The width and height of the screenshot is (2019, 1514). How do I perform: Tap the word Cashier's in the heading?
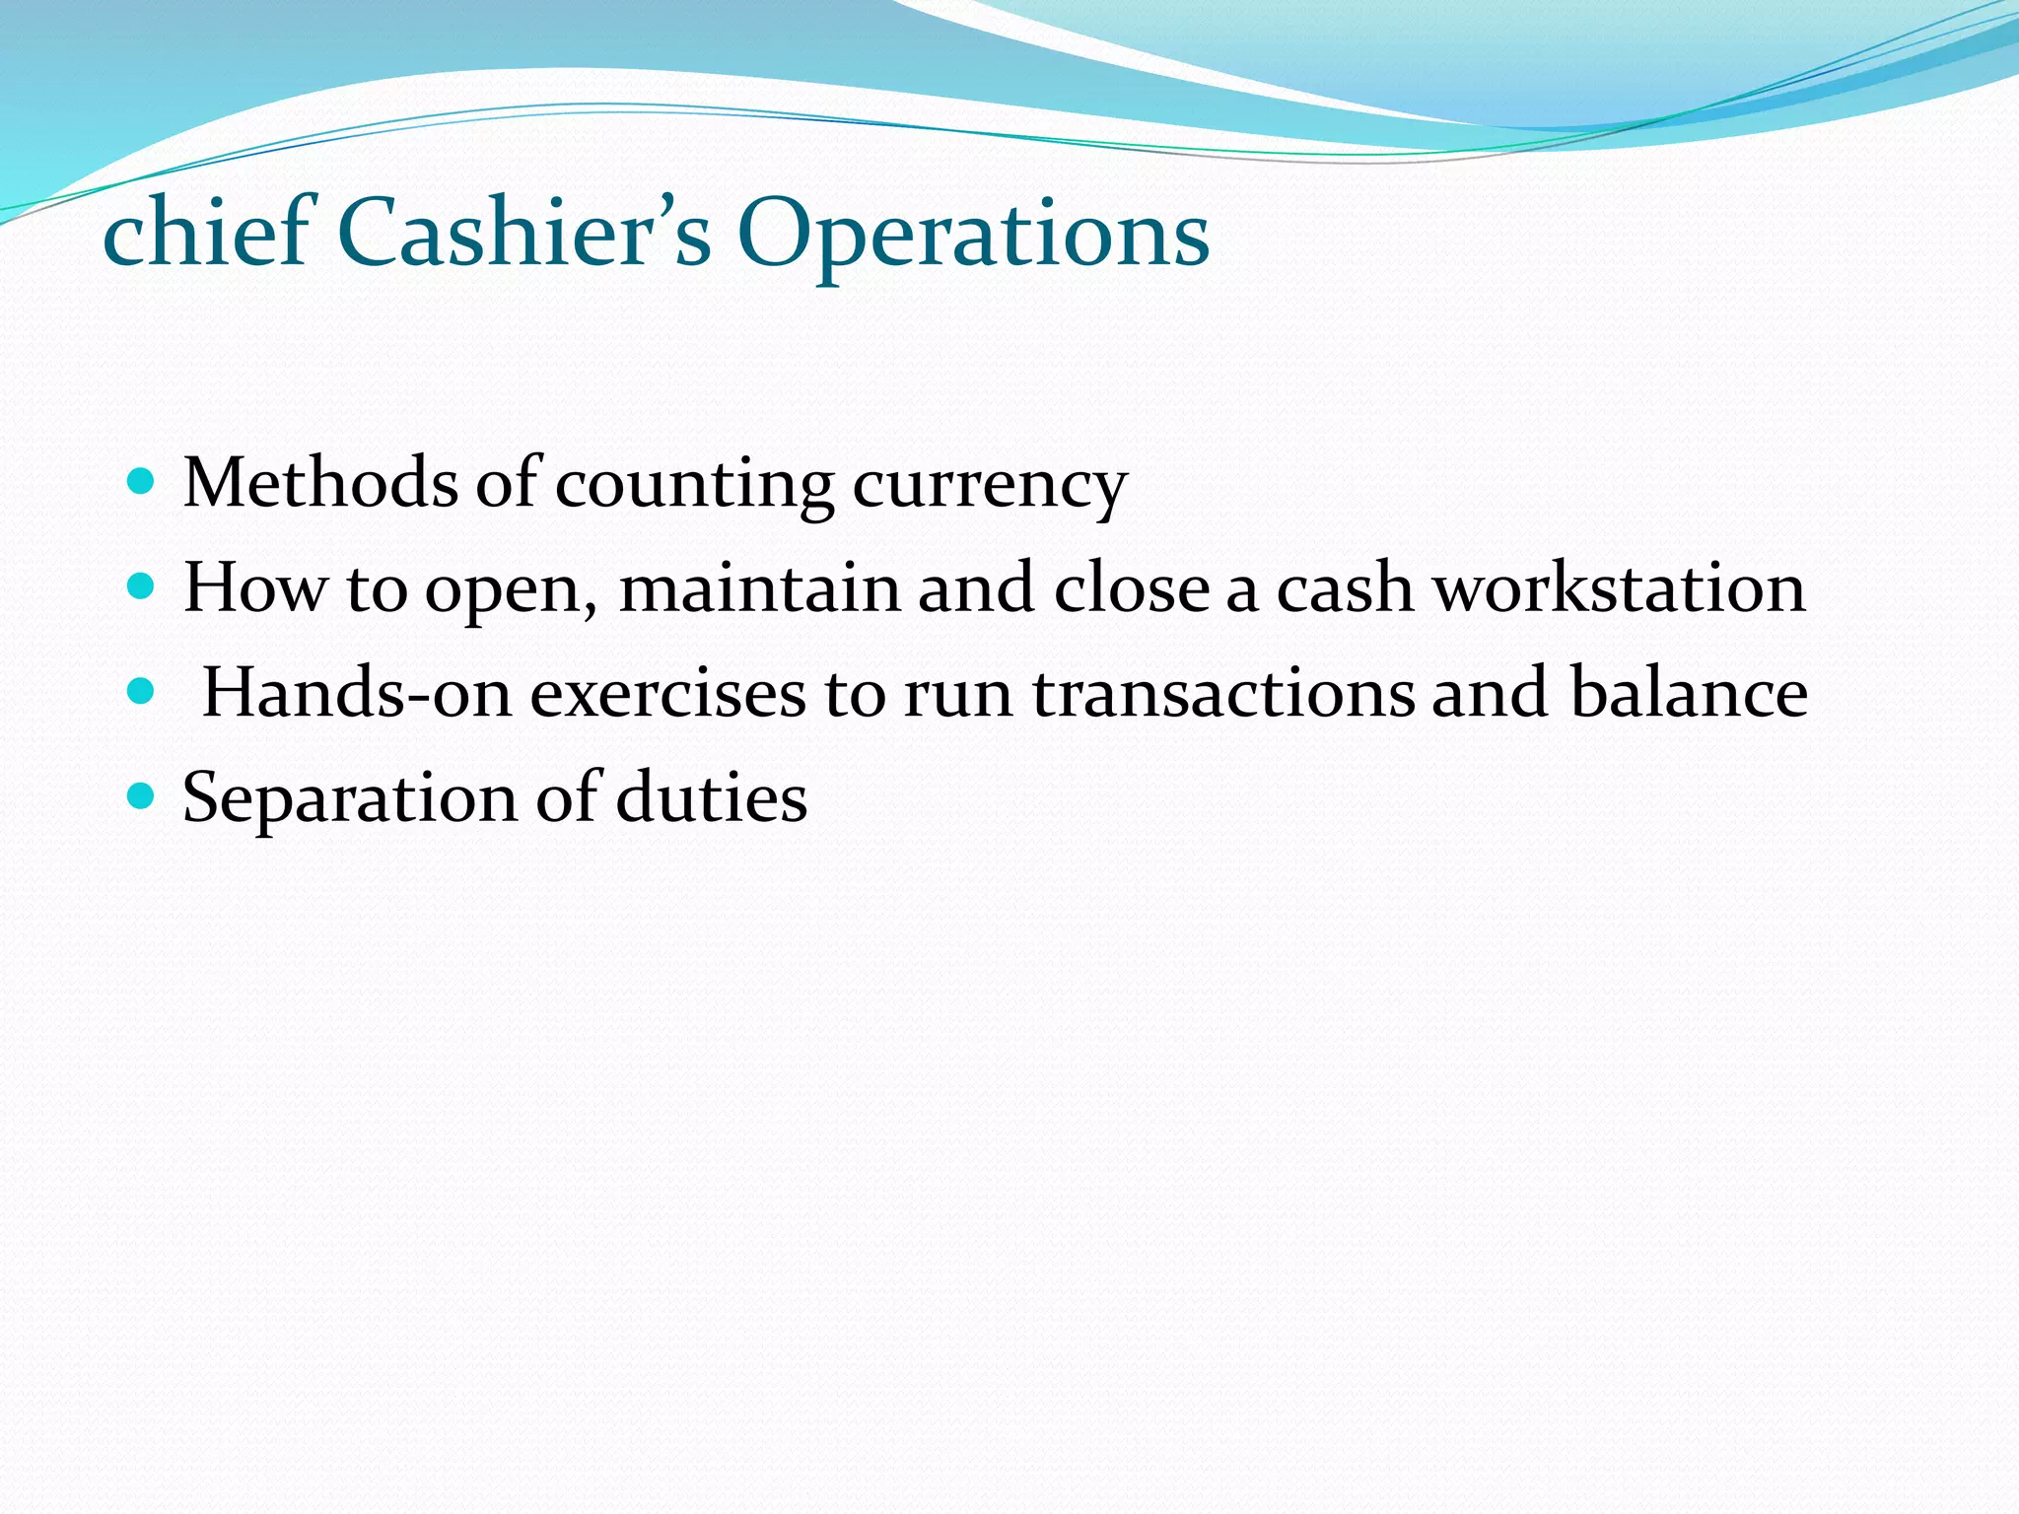pyautogui.click(x=523, y=233)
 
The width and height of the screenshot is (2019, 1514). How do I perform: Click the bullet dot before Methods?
pyautogui.click(x=142, y=482)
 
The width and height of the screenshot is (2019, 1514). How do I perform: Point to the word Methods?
pyautogui.click(x=320, y=483)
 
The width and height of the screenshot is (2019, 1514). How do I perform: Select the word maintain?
pyautogui.click(x=759, y=588)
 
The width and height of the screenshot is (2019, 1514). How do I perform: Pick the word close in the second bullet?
pyautogui.click(x=1132, y=588)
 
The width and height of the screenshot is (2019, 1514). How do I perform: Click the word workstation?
pyautogui.click(x=1619, y=588)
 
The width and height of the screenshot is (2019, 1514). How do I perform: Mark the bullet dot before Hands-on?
pyautogui.click(x=142, y=692)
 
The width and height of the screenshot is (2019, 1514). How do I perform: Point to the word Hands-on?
pyautogui.click(x=357, y=692)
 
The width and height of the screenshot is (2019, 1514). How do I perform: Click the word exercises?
pyautogui.click(x=667, y=692)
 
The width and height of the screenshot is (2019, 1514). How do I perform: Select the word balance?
pyautogui.click(x=1689, y=692)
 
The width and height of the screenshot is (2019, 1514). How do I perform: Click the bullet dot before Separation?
pyautogui.click(x=142, y=796)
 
